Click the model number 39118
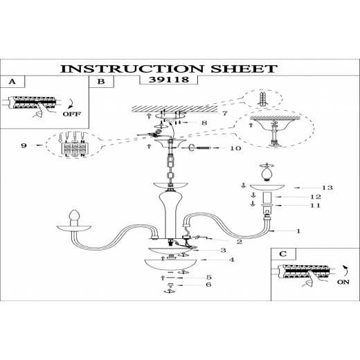pyautogui.click(x=169, y=80)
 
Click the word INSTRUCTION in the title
pyautogui.click(x=132, y=69)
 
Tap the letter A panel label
pyautogui.click(x=12, y=82)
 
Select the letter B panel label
pyautogui.click(x=101, y=82)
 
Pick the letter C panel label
pyautogui.click(x=283, y=254)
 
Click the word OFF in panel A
pyautogui.click(x=72, y=114)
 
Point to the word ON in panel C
pyautogui.click(x=343, y=282)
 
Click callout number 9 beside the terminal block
pyautogui.click(x=24, y=145)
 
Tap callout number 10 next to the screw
pyautogui.click(x=235, y=148)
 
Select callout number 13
pyautogui.click(x=327, y=188)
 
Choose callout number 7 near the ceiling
pyautogui.click(x=225, y=113)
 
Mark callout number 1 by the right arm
pyautogui.click(x=298, y=231)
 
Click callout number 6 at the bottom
pyautogui.click(x=208, y=285)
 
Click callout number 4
pyautogui.click(x=231, y=260)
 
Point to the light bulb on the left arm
pyautogui.click(x=75, y=215)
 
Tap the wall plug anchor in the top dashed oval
pyautogui.click(x=262, y=99)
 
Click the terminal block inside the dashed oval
pyautogui.click(x=74, y=148)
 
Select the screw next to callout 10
pyautogui.click(x=204, y=148)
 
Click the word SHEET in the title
pyautogui.click(x=244, y=69)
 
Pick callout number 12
pyautogui.click(x=316, y=197)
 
